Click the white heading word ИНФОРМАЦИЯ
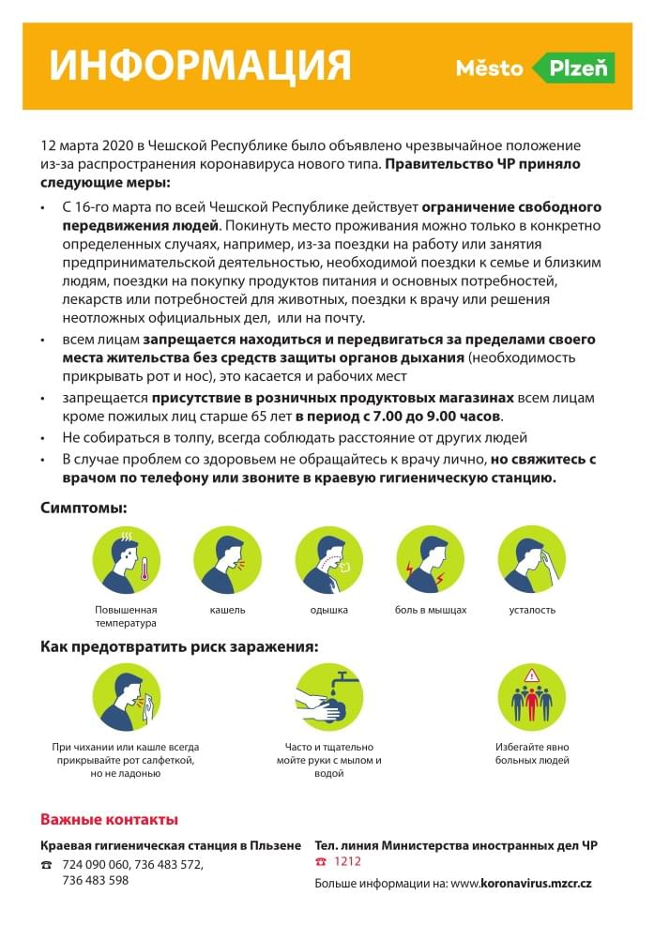[200, 66]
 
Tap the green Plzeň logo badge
[574, 68]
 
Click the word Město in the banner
[489, 68]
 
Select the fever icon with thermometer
[126, 559]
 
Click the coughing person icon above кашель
[227, 559]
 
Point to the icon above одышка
[328, 559]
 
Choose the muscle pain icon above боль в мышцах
[430, 559]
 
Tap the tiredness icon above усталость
[531, 559]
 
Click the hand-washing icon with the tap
[328, 697]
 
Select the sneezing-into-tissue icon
[126, 697]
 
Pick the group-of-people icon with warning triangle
[531, 697]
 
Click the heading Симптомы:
[84, 508]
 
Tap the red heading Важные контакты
[109, 819]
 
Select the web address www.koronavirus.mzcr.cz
[521, 883]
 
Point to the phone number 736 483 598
[95, 880]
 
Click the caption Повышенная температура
[126, 616]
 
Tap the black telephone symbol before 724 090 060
[46, 865]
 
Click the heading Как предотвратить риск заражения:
[178, 646]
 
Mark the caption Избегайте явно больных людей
[532, 753]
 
